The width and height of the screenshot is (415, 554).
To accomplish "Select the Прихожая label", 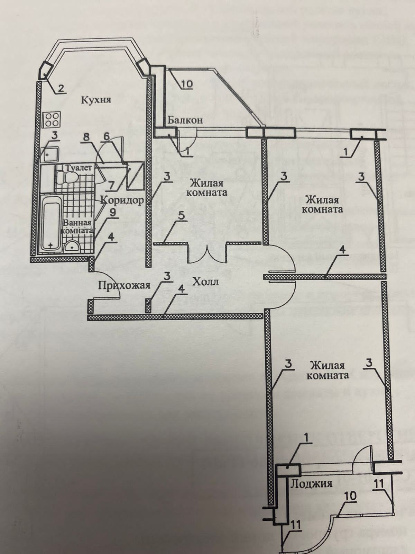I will coord(123,286).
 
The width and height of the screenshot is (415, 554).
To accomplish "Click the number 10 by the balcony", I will coord(186,84).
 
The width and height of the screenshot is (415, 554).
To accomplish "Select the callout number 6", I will coord(107,137).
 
